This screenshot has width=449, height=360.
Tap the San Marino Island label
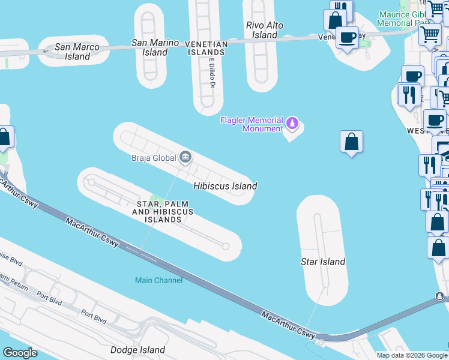[x=155, y=47]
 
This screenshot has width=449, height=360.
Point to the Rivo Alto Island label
[x=265, y=30]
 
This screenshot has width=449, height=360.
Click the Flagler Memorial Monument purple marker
[x=292, y=124]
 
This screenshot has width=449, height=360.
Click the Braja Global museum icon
[x=185, y=158]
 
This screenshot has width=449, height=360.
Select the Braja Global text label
[x=154, y=158]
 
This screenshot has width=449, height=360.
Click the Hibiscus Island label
[x=225, y=186]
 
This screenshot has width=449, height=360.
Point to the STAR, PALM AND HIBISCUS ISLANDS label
[x=163, y=212]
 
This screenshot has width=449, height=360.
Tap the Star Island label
[x=322, y=262]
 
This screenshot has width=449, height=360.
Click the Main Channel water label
[x=158, y=280]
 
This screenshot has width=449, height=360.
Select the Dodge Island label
[x=137, y=350]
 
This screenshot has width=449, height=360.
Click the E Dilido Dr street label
[x=212, y=74]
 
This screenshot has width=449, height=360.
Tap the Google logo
[x=20, y=353]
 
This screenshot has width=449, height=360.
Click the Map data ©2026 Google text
[x=411, y=355]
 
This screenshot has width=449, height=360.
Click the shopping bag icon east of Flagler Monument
[x=352, y=142]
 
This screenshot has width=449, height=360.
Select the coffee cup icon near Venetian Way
[x=347, y=37]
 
